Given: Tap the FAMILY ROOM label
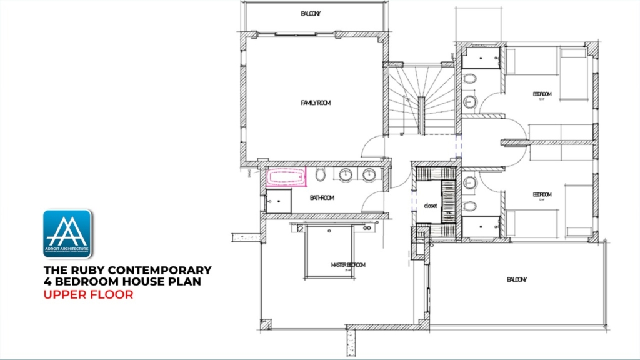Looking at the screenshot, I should pos(315,102).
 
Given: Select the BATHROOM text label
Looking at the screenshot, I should pos(322,198).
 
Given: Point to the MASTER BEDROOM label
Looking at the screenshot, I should pos(348,265).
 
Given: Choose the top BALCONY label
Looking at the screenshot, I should pos(310,13).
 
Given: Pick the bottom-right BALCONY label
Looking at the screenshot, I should pos(517,279).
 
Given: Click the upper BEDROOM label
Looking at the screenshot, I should pos(542,94).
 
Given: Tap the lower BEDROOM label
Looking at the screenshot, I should pos(542,194).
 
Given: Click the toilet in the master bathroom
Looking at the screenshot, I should pos(321,174).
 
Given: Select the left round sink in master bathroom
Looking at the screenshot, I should pos(346,175).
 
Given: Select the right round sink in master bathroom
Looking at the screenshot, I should pos(369,175).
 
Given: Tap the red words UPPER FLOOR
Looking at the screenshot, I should pos(88,294).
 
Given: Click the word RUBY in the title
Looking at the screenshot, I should pos(89,270).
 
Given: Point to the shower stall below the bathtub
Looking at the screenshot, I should pos(278,201).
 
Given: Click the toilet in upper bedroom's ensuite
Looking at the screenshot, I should pos(471,79).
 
